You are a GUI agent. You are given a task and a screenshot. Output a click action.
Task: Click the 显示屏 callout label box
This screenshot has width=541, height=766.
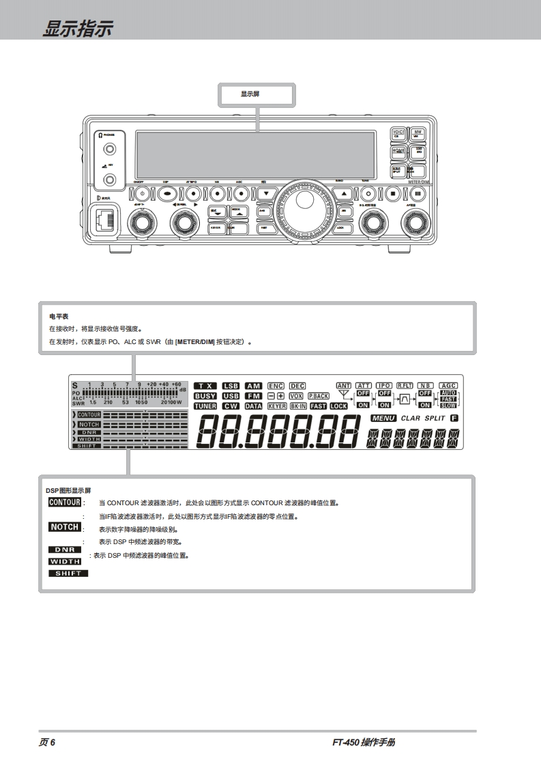tap(257, 94)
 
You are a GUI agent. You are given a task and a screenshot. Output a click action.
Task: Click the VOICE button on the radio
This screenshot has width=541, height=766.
tap(398, 134)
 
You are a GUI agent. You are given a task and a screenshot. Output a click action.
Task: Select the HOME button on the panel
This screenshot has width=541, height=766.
tap(398, 152)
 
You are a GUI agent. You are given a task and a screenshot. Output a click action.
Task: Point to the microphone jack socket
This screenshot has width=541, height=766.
tap(106, 220)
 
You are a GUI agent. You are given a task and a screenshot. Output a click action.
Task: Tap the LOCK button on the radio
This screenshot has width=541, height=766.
tap(345, 228)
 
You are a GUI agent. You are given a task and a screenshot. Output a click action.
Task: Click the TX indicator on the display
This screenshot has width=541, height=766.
tap(205, 386)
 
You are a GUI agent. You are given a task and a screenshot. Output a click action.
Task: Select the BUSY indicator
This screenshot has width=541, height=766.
tap(205, 396)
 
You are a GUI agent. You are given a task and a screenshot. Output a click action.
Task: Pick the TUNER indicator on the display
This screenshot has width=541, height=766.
tap(205, 406)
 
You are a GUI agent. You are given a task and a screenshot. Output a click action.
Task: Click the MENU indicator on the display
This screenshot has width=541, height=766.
tap(383, 418)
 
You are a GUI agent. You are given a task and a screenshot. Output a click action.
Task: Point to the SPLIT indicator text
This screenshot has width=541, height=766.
tap(435, 418)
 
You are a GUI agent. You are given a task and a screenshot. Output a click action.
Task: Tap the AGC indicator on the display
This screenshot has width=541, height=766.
tap(448, 386)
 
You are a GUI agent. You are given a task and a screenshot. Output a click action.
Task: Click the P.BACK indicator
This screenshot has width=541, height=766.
tap(319, 396)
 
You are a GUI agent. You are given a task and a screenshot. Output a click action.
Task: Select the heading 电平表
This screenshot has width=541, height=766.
tap(59, 317)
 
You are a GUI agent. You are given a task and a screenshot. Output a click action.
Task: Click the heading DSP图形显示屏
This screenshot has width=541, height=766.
tap(68, 490)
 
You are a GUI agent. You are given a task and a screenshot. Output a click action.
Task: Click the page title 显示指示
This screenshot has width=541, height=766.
tap(77, 29)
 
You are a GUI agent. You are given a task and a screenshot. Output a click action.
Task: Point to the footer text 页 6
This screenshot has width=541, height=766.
tap(47, 742)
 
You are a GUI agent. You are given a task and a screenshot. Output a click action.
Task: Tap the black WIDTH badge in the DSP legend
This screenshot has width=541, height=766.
tap(65, 561)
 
